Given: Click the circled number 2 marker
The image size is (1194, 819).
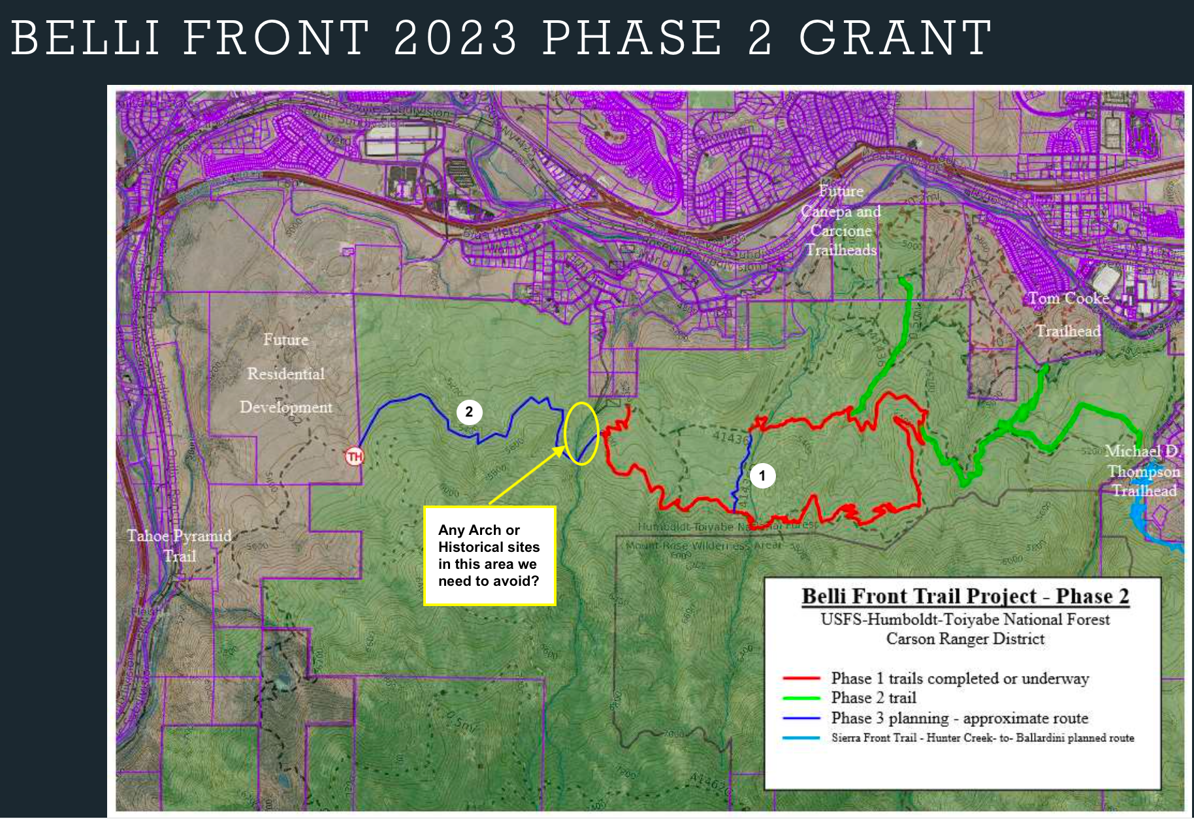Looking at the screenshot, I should coord(469,412).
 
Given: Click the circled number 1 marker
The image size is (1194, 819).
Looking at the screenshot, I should coord(762,475).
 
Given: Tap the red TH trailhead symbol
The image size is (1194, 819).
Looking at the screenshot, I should coord(355,456).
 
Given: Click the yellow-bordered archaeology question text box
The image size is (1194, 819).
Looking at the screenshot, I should coord(489,555).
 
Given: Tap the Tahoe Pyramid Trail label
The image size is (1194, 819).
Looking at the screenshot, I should coord(179,545).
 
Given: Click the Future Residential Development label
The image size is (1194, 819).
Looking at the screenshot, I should coord(286,374).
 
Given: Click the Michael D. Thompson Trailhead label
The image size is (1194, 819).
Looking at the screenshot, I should coord(1143,470).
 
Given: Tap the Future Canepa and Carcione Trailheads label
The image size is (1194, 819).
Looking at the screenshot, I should coord(841,221).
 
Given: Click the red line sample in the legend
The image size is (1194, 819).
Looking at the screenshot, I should coord(801,679).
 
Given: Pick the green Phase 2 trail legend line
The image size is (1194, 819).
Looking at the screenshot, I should coord(801,698).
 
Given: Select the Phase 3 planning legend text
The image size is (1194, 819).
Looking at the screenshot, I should coord(960,718).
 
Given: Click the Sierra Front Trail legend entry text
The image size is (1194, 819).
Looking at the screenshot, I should coord(982,738).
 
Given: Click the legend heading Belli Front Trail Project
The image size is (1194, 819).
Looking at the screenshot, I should coord(965,596).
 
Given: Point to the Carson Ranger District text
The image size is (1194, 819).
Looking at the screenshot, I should coord(965,639).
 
